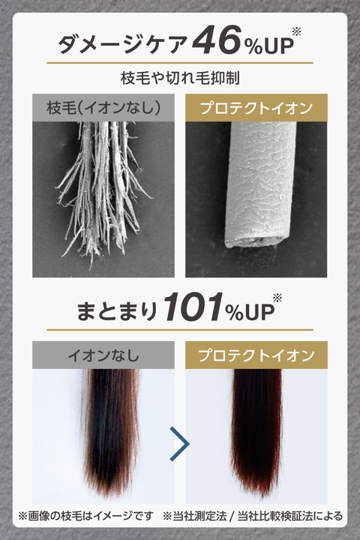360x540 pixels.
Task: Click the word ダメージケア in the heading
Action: pos(122,43)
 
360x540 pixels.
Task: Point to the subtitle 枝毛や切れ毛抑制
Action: pos(180,78)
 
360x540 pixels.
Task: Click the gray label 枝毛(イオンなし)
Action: pos(103,108)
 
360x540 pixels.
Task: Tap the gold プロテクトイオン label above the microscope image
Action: pos(256,108)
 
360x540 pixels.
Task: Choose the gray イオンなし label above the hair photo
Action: pos(103,355)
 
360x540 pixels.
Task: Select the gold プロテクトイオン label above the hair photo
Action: pos(256,355)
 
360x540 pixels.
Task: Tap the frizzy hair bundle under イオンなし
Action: pos(111,430)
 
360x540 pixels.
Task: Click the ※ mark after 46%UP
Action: pos(296,31)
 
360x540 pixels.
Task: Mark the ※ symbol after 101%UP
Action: pos(277,298)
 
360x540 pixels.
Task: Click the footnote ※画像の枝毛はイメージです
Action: pos(85,516)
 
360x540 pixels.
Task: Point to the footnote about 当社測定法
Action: pos(253,516)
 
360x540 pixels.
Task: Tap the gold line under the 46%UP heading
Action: pos(180,63)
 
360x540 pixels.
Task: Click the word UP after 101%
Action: pos(259,312)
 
